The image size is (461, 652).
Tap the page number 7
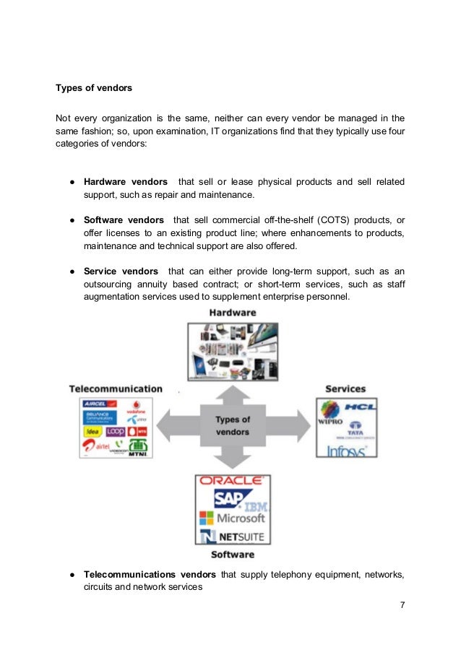point(402,604)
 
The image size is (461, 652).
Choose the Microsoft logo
point(232,518)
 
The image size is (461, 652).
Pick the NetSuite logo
point(233,536)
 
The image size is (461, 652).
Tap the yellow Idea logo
point(92,431)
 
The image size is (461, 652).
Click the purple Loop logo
point(116,431)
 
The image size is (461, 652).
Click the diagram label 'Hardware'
point(232,313)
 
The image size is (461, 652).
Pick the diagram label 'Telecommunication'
point(116,388)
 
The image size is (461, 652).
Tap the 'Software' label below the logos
point(232,555)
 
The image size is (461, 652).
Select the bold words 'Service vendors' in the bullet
point(121,271)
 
